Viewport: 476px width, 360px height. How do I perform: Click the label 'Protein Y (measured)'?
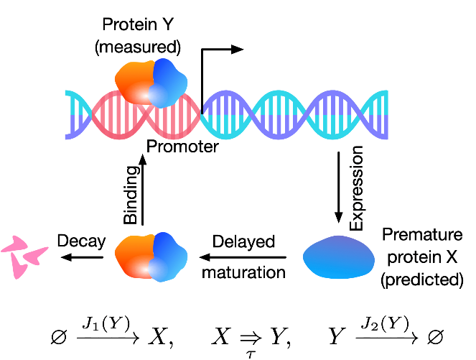[141, 36]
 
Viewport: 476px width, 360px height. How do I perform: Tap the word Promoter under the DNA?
[182, 147]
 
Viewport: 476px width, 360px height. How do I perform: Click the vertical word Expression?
[357, 189]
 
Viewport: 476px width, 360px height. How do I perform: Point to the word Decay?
[81, 241]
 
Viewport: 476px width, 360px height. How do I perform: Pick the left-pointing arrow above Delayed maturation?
[245, 256]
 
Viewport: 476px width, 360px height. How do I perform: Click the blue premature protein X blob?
[337, 257]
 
